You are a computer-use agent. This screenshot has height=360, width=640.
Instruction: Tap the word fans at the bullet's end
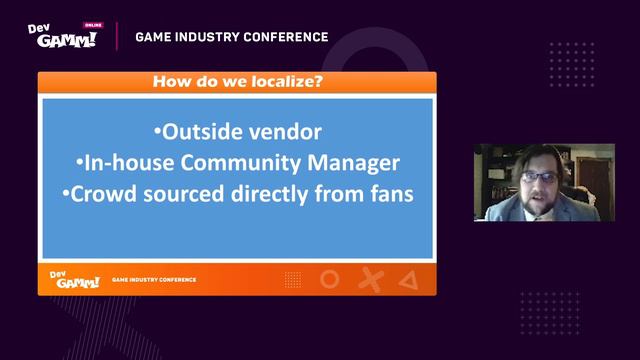tap(388, 194)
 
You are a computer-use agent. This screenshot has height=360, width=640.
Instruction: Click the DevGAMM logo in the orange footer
tap(73, 279)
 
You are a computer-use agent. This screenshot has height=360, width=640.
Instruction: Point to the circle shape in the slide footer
tap(329, 280)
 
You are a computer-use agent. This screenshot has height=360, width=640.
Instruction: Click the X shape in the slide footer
tap(369, 280)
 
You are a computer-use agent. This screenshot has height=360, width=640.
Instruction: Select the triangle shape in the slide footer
tap(407, 280)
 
